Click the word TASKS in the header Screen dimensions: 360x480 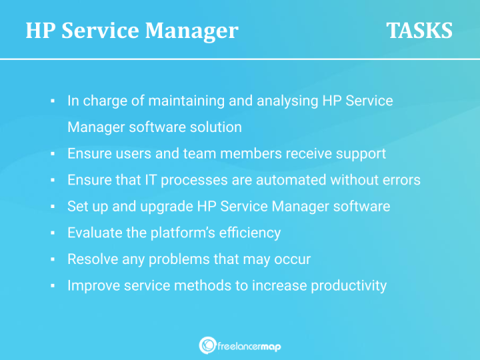coord(419,31)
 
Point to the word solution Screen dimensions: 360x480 coord(217,127)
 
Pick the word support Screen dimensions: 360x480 coord(361,153)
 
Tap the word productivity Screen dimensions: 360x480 coord(344,285)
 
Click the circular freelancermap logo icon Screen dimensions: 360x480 coord(207,345)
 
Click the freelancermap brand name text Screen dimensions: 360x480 coord(249,345)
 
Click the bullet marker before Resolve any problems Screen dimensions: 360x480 coord(52,259)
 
